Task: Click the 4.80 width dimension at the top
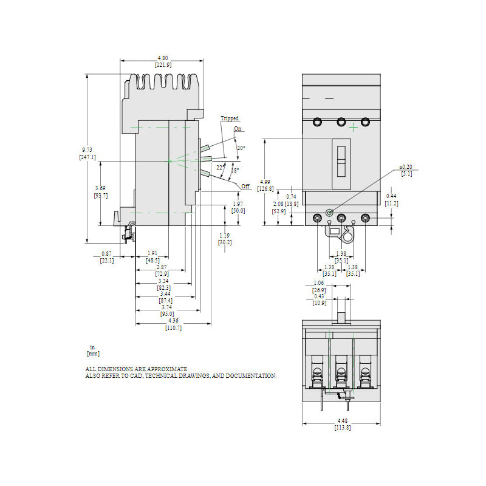(162, 58)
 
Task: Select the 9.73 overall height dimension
(87, 149)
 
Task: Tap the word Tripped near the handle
(230, 118)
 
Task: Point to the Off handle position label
(245, 186)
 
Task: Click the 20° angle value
(241, 148)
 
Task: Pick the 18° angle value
(235, 170)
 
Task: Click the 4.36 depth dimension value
(173, 321)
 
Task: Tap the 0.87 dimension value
(106, 253)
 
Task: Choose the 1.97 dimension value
(238, 204)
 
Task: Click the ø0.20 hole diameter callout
(406, 166)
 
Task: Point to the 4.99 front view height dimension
(265, 182)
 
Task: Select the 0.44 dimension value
(392, 196)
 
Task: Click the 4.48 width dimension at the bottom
(342, 420)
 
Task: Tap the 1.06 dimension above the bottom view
(319, 283)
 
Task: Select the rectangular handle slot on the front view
(341, 162)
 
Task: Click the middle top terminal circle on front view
(341, 122)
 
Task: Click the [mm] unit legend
(94, 353)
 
